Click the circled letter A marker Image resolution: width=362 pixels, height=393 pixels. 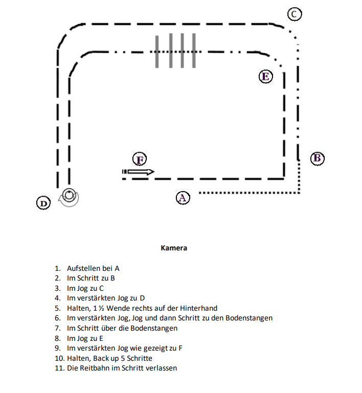183,197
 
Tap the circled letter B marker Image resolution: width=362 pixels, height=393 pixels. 317,158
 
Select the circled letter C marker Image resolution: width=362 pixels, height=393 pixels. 294,14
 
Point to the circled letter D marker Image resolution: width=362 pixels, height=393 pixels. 44,203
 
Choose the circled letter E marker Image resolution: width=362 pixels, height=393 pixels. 265,77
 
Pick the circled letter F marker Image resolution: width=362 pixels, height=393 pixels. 139,159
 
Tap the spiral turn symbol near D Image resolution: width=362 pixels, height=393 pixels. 69,196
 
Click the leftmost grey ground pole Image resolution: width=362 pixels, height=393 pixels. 157,51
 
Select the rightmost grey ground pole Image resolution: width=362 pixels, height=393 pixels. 194,51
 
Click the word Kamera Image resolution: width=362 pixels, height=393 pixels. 174,248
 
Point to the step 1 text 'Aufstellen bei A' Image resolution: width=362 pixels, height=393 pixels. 93,268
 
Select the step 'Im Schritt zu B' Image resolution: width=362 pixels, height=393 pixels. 91,278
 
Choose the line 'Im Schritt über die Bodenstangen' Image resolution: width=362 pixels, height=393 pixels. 122,328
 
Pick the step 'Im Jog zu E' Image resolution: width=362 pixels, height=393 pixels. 85,338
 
